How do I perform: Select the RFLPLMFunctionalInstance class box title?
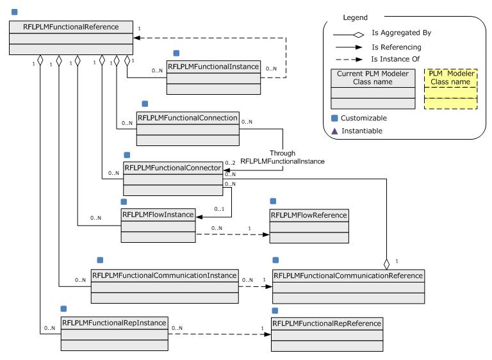coord(213,66)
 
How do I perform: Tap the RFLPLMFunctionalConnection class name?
coord(188,118)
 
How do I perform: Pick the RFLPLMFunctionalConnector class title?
coord(172,168)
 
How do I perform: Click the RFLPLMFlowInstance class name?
coord(158,215)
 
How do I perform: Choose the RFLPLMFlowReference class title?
coord(309,215)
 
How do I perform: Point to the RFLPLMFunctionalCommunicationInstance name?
coord(165,275)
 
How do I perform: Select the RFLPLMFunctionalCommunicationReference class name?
coord(348,275)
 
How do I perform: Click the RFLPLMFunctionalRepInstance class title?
coord(114,322)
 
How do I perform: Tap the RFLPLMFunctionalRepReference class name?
coord(327,323)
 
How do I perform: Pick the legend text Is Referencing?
coord(397,47)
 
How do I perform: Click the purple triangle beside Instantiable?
coord(335,131)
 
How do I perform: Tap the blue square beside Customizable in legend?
coord(335,118)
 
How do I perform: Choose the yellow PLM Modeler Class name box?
coord(450,88)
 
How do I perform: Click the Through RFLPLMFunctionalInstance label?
coord(282,158)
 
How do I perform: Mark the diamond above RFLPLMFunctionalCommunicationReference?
coord(386,263)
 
